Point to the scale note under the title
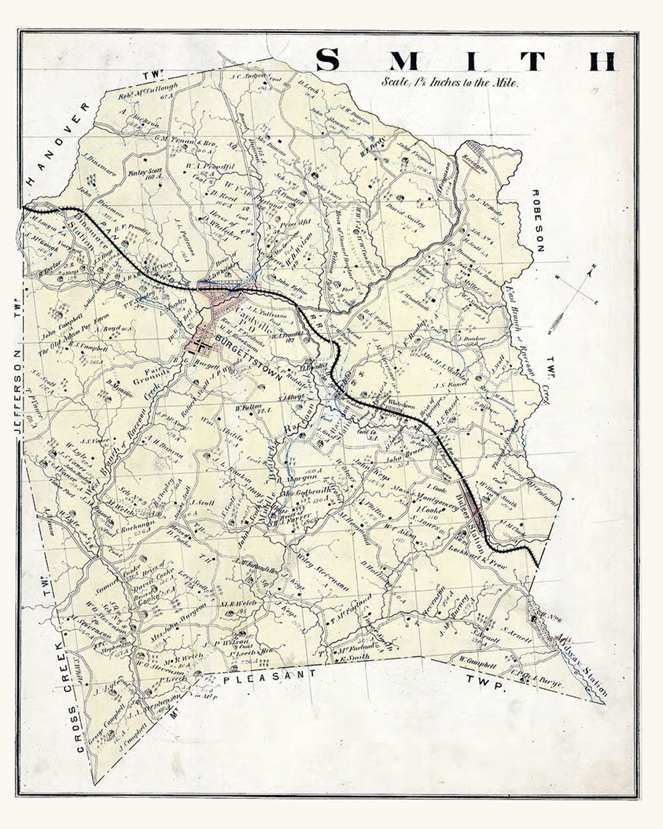click(450, 81)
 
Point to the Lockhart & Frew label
click(485, 561)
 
